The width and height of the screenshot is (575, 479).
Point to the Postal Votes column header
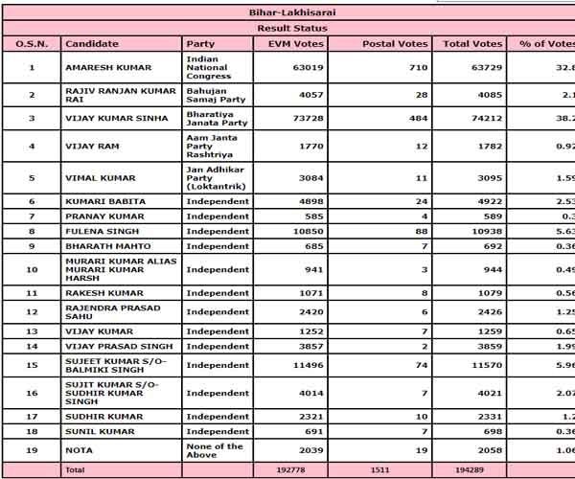point(394,44)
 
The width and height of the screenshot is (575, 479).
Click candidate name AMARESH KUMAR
point(103,68)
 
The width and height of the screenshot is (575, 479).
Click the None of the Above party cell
point(216,450)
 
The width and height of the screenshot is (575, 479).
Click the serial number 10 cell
point(32,269)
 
